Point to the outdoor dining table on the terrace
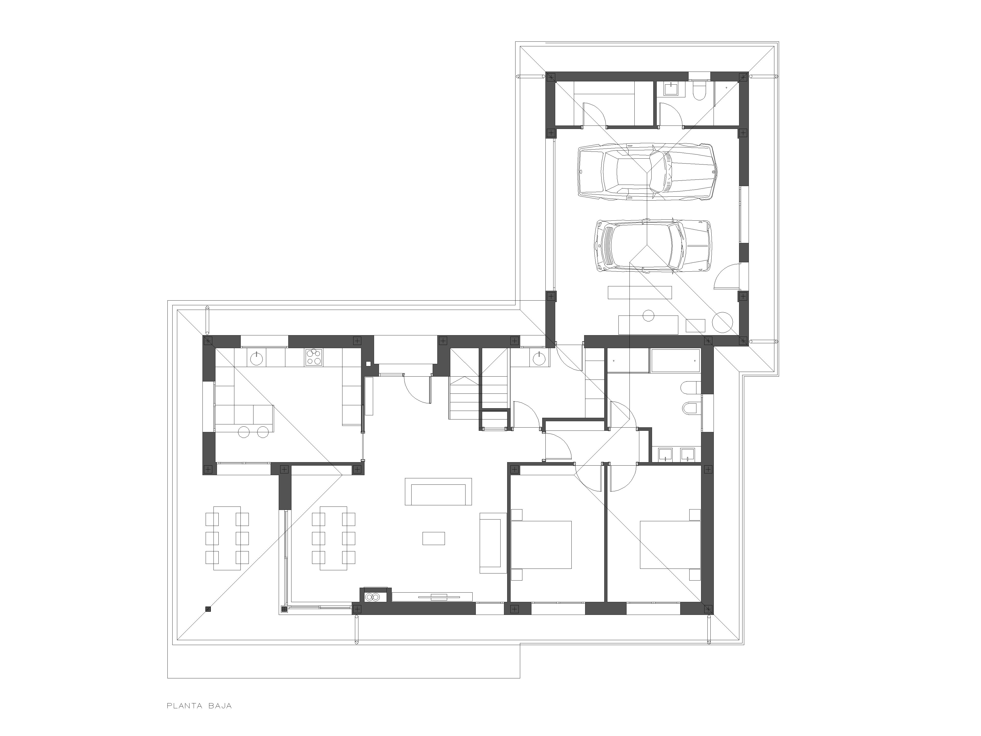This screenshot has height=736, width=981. (x=227, y=538)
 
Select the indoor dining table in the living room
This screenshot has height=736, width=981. (x=334, y=538)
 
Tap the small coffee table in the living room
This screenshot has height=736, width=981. (x=434, y=538)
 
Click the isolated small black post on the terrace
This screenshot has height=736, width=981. (x=208, y=609)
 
